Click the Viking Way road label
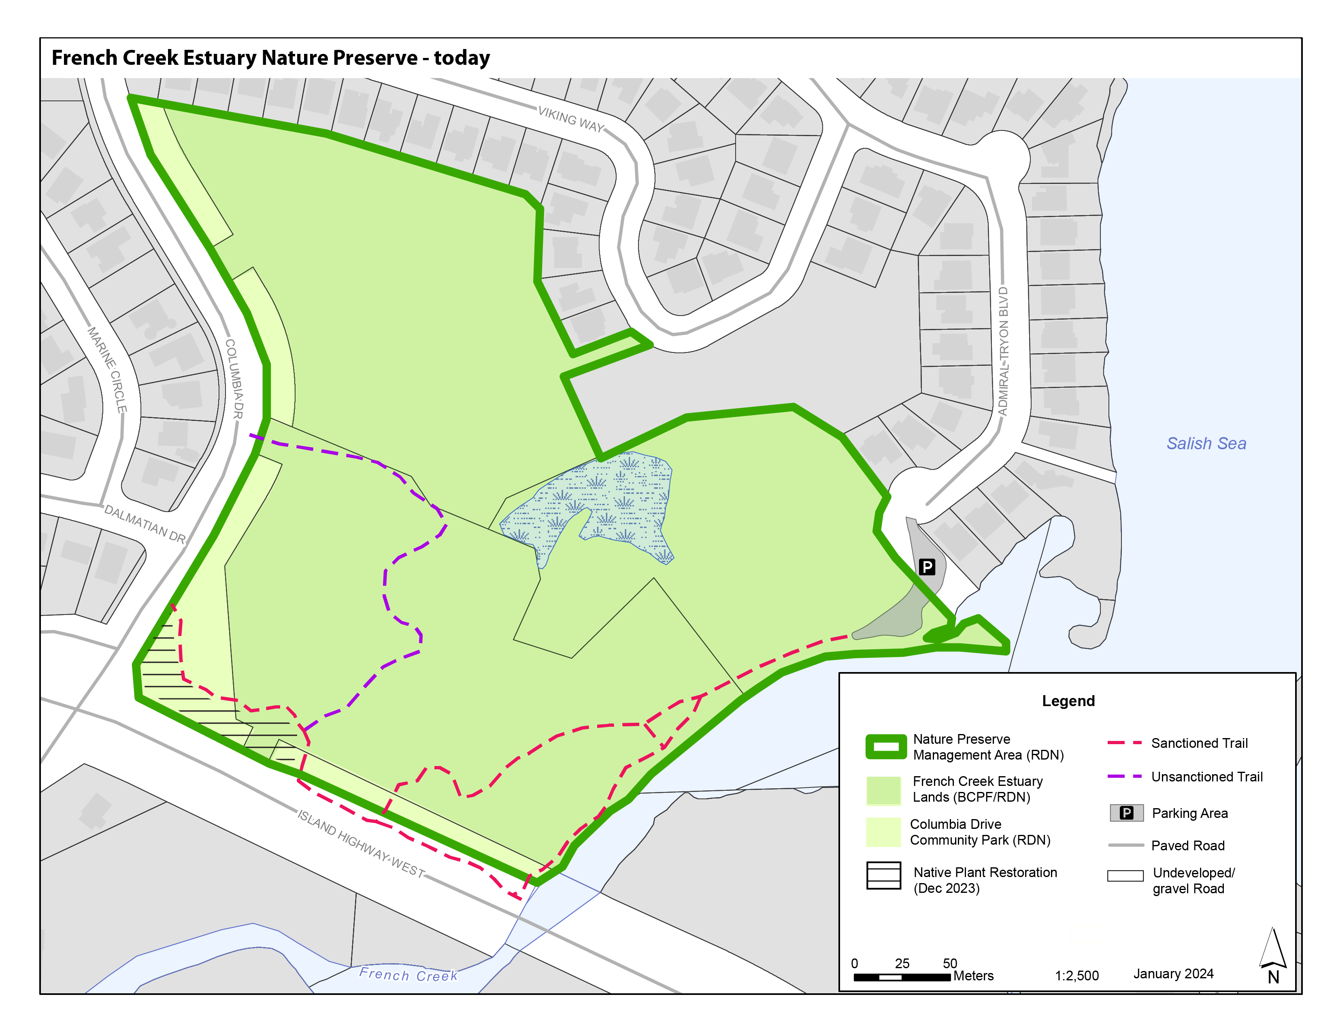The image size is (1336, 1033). pyautogui.click(x=571, y=119)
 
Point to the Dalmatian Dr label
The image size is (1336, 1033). pyautogui.click(x=145, y=523)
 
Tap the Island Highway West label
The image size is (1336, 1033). pyautogui.click(x=361, y=843)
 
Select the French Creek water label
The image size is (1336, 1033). pyautogui.click(x=408, y=974)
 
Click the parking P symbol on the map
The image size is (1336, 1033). pyautogui.click(x=927, y=567)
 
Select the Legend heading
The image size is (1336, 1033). pyautogui.click(x=1068, y=701)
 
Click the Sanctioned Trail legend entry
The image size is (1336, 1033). pyautogui.click(x=1199, y=743)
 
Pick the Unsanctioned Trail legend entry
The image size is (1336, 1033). pyautogui.click(x=1206, y=777)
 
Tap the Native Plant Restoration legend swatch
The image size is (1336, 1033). pyautogui.click(x=883, y=875)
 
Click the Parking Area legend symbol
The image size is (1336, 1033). pyautogui.click(x=1126, y=813)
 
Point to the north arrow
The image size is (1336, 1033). pyautogui.click(x=1273, y=955)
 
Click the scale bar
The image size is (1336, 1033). pyautogui.click(x=902, y=977)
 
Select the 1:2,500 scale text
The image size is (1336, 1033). pyautogui.click(x=1076, y=975)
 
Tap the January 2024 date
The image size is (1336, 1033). pyautogui.click(x=1173, y=973)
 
